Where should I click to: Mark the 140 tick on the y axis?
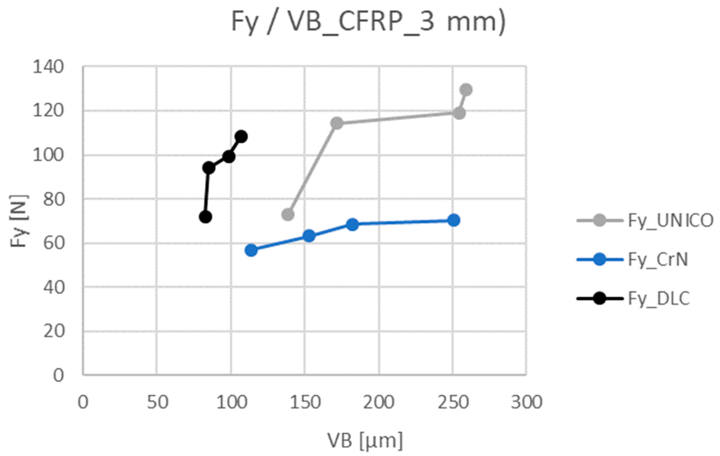[x=48, y=67]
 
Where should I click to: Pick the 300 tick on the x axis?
[x=526, y=402]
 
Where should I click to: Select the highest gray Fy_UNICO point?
[x=466, y=90]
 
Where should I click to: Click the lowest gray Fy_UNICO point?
[x=288, y=214]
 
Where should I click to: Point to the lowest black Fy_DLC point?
[x=206, y=217]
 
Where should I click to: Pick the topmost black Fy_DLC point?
[x=241, y=137]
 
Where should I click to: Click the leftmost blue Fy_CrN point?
[x=251, y=250]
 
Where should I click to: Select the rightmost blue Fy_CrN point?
[x=454, y=220]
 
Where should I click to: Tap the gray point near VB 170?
[x=337, y=123]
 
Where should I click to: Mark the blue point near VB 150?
[x=309, y=236]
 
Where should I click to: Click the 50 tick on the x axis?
[x=157, y=402]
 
